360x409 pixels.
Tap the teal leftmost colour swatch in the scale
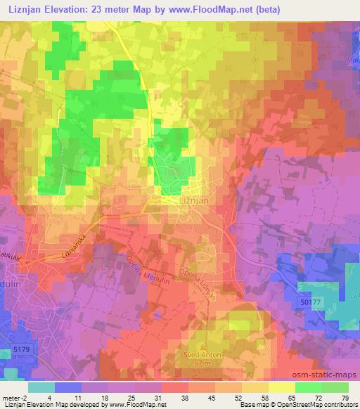(41, 387)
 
